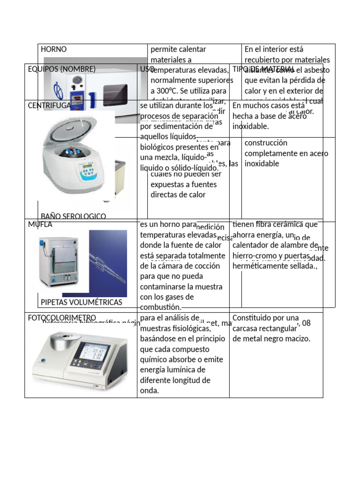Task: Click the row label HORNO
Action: point(54,49)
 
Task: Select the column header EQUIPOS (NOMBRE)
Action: point(61,69)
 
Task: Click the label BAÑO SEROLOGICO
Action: point(73,216)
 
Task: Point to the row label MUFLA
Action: point(40,225)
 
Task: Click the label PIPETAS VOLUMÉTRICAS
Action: point(82,302)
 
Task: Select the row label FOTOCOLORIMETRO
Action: point(62,318)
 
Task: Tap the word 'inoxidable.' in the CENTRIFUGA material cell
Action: point(250,127)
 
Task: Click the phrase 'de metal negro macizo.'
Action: point(271,339)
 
